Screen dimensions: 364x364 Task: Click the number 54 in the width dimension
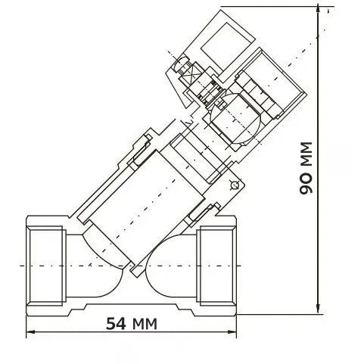pos(115,325)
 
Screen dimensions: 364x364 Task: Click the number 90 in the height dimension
pos(306,185)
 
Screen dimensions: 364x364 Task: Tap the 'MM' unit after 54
pos(144,325)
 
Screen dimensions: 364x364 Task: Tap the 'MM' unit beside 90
pos(306,156)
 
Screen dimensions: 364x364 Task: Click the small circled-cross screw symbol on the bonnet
pos(234,185)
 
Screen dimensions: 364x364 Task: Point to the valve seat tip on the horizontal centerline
pos(137,266)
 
